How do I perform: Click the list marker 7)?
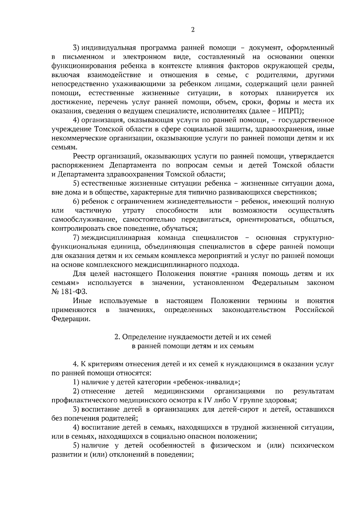tap(76, 238)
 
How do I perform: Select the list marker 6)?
tap(76, 201)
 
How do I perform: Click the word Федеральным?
tap(275, 283)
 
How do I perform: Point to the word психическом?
tap(312, 445)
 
